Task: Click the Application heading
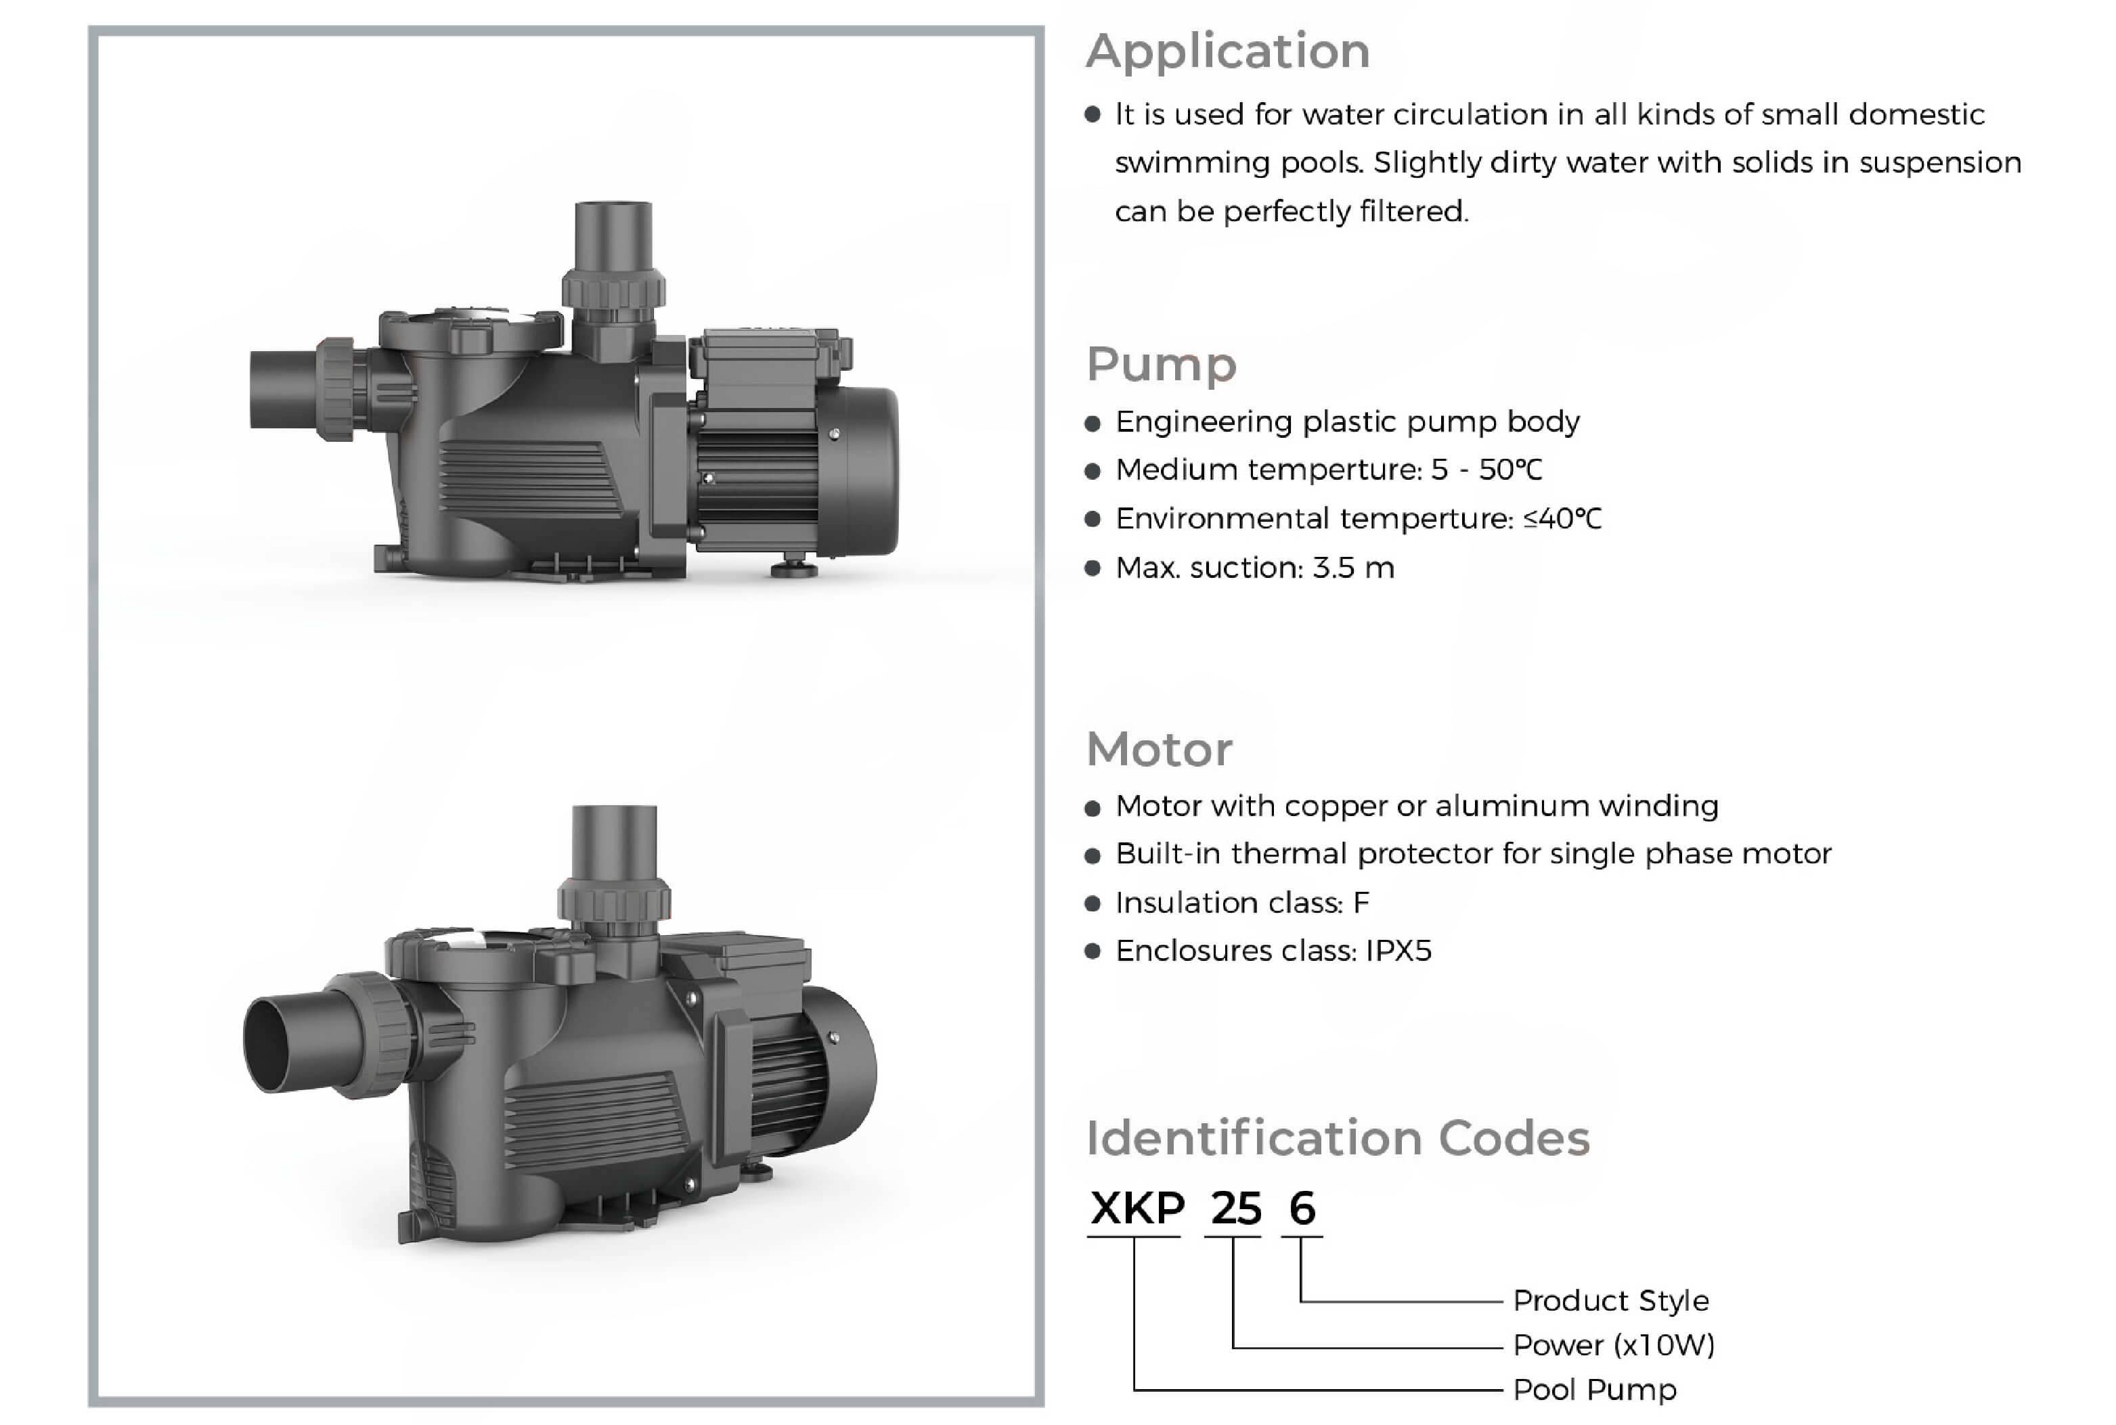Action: tap(1227, 51)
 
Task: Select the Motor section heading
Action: tap(1159, 750)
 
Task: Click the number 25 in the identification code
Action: tap(1235, 1208)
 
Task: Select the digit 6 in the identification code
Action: tap(1302, 1208)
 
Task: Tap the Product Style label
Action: tap(1610, 1300)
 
